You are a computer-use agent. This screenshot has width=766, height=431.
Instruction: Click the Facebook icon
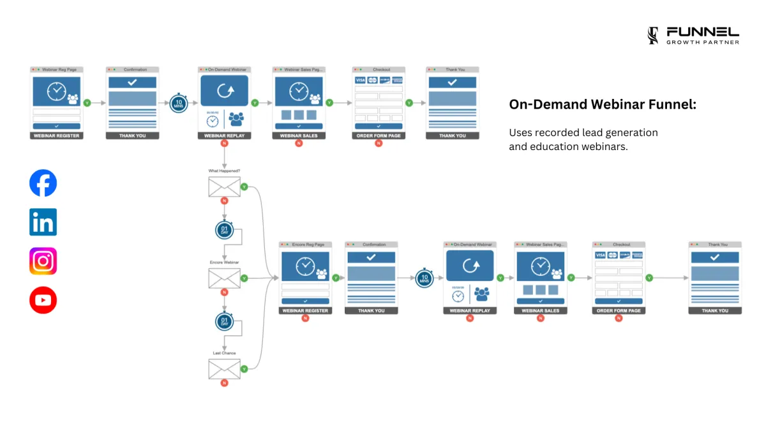click(43, 183)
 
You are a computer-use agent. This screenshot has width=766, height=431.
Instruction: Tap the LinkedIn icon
click(43, 222)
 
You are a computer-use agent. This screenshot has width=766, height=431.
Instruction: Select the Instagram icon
click(43, 261)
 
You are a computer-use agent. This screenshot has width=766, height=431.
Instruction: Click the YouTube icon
click(43, 300)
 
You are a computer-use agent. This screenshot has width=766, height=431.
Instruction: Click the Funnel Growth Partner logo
click(693, 36)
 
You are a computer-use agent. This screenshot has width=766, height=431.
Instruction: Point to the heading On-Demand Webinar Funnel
click(603, 105)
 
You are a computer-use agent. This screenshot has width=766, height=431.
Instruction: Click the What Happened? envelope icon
click(224, 186)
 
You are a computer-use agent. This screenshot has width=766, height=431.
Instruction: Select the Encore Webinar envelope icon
click(224, 278)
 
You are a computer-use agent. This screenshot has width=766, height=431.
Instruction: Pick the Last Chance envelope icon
click(224, 368)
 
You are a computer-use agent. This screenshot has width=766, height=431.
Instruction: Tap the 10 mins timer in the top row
click(179, 103)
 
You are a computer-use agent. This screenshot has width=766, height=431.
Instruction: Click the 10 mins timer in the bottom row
click(424, 278)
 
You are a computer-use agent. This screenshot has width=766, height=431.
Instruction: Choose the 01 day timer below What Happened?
click(224, 230)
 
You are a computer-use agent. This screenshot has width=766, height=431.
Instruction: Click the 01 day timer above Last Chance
click(224, 321)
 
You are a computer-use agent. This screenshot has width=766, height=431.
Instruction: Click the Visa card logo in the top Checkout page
click(360, 80)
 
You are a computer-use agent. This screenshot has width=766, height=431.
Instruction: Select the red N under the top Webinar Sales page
click(299, 143)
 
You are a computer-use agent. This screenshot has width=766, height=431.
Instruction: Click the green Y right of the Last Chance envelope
click(244, 368)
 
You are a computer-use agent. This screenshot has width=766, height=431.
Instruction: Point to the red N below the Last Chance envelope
click(224, 383)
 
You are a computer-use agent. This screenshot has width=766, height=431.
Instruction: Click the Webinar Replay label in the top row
click(224, 136)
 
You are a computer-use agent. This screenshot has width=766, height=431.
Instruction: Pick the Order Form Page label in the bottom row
click(619, 311)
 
